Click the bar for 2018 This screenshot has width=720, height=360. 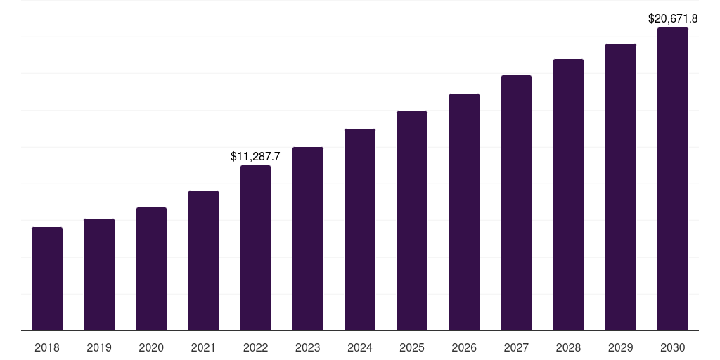47,278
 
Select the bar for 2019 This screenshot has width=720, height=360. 99,274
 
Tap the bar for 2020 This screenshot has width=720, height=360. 151,269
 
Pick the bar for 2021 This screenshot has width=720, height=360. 203,260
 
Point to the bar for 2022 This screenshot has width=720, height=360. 255,247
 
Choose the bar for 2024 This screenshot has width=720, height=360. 360,229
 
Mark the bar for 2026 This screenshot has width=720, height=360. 464,212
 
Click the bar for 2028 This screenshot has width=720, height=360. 568,195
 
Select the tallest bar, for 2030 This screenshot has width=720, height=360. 673,179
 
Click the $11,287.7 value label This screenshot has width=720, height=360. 255,157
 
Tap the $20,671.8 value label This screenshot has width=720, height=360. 673,19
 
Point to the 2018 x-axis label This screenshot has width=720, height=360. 47,347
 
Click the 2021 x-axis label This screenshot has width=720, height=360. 203,347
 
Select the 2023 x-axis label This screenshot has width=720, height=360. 307,347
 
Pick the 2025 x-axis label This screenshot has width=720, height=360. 412,347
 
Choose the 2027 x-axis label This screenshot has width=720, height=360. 516,347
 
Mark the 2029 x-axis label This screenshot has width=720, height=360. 620,347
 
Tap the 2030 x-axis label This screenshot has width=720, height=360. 673,347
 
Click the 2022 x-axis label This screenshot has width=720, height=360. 255,347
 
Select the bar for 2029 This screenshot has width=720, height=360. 620,187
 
